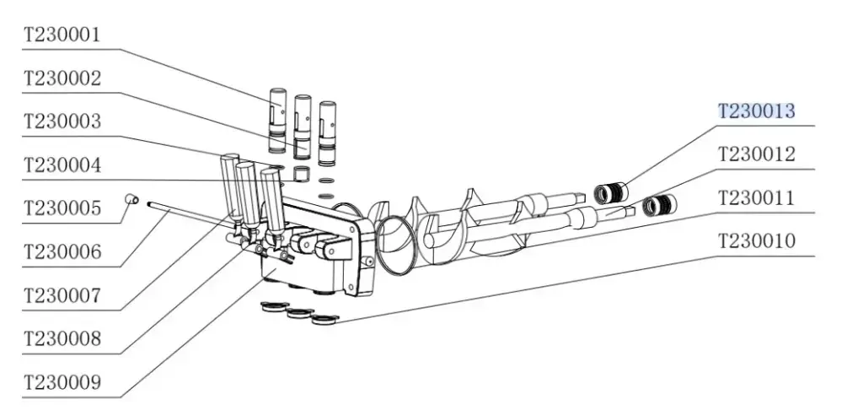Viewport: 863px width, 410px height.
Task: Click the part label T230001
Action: pyautogui.click(x=62, y=35)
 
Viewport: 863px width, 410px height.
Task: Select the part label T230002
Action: pyautogui.click(x=62, y=78)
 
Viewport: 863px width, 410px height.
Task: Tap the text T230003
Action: pyautogui.click(x=62, y=121)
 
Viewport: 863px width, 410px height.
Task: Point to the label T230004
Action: pyautogui.click(x=62, y=165)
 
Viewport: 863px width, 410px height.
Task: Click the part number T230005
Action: pyautogui.click(x=62, y=208)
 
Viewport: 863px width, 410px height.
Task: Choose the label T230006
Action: pyautogui.click(x=62, y=252)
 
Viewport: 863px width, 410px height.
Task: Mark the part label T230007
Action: pyautogui.click(x=62, y=295)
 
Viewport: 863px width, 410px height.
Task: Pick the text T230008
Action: pyautogui.click(x=62, y=338)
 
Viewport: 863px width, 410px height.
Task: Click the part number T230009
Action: pyautogui.click(x=62, y=382)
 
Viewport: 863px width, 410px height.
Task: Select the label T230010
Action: pyautogui.click(x=757, y=240)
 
